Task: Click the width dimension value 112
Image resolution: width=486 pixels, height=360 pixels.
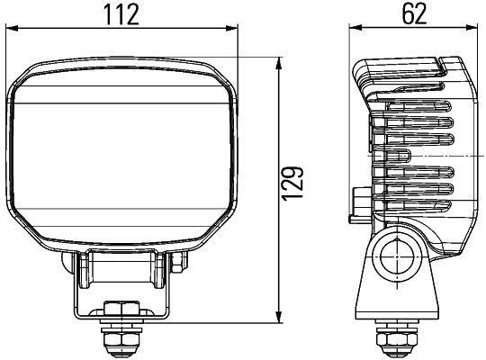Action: pos(127,14)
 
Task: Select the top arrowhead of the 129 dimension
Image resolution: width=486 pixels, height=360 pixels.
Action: pos(279,63)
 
